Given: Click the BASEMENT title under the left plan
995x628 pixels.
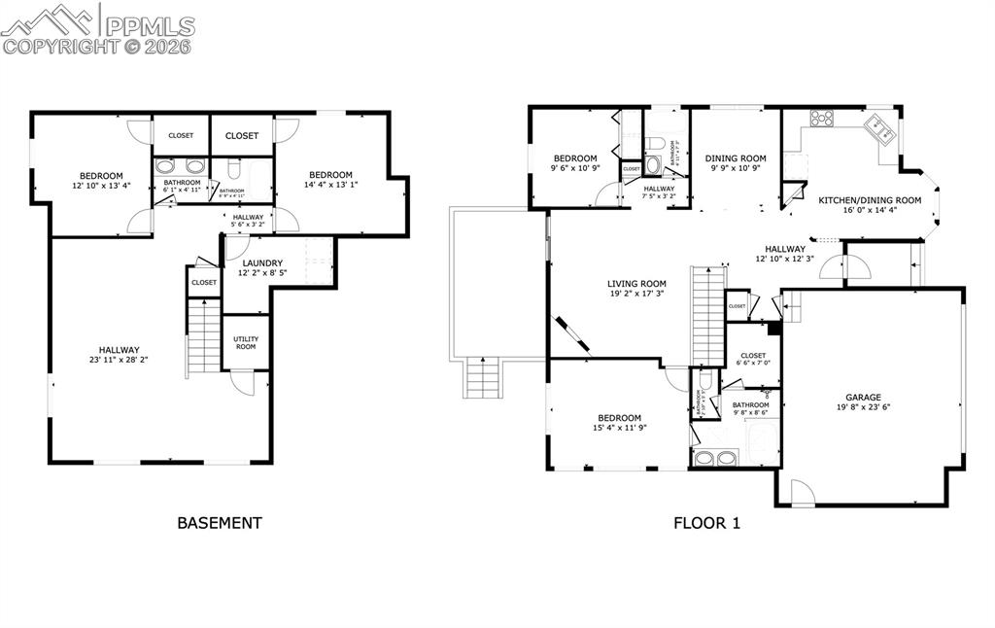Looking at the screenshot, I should (219, 523).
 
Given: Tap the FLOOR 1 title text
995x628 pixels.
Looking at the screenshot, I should (706, 523).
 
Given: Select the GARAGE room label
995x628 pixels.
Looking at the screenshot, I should (863, 397).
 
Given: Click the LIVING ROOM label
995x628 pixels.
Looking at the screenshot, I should (636, 284).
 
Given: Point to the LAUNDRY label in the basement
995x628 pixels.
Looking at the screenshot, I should (262, 262).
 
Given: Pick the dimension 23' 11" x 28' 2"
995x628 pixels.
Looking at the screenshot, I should (118, 361).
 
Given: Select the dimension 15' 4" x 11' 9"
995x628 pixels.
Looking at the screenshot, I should (619, 428).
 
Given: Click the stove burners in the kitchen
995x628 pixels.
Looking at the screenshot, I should (821, 120).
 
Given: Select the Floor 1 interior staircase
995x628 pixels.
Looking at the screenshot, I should (707, 314).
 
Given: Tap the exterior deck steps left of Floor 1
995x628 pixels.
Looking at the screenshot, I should (482, 379).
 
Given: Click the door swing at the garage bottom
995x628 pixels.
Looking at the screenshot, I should (803, 493).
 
